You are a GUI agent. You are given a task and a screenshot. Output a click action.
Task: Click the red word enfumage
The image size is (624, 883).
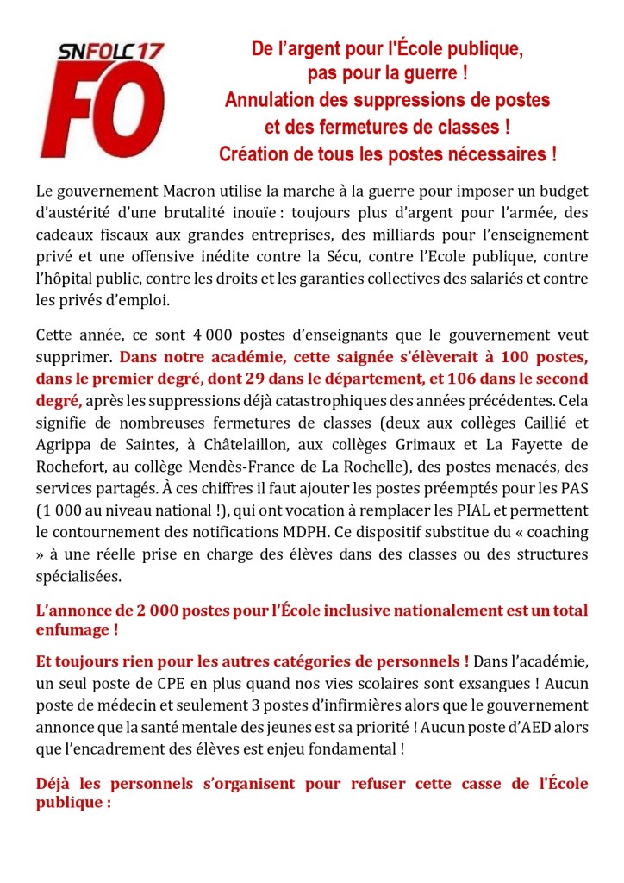coord(72,630)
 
